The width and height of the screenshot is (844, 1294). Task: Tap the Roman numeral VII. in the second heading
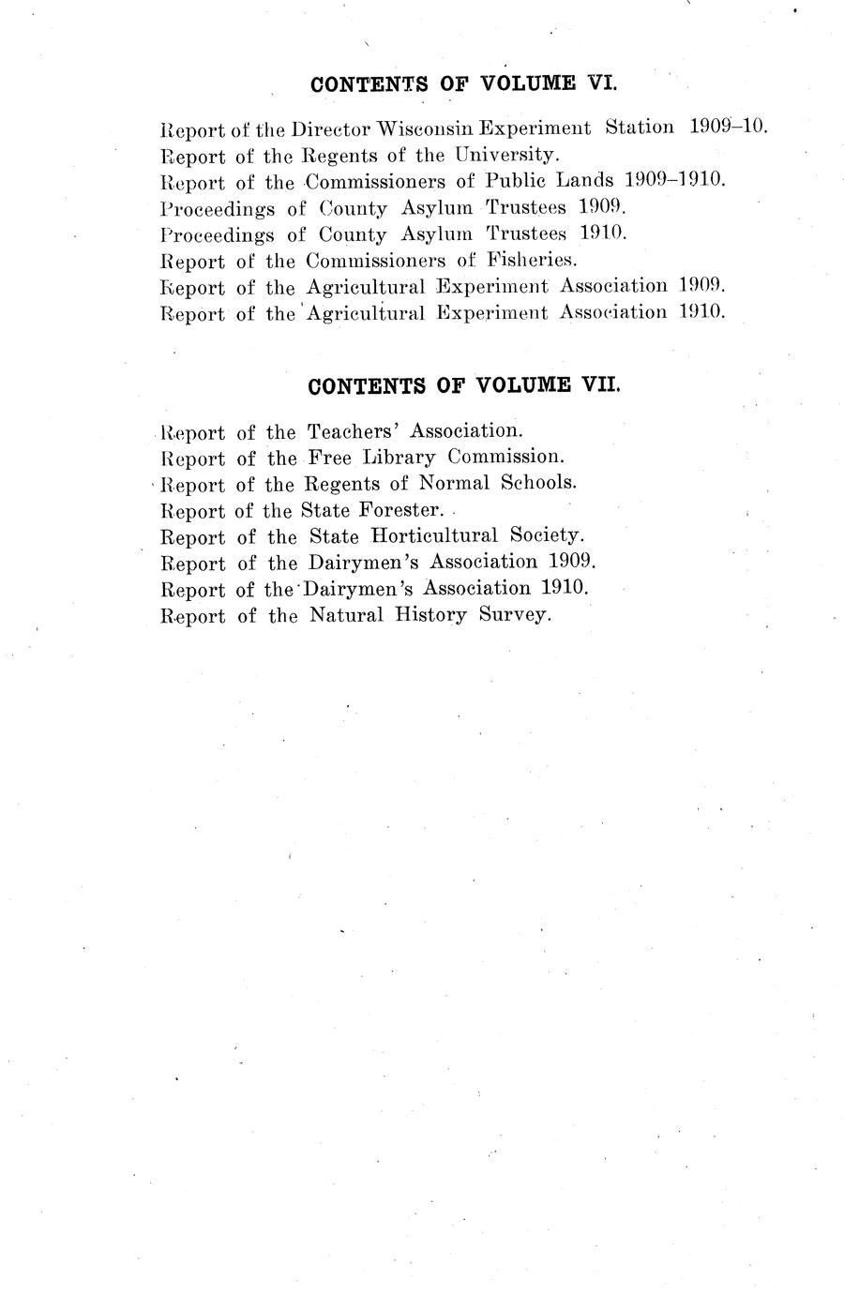point(600,385)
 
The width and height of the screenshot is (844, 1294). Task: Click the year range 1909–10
point(728,126)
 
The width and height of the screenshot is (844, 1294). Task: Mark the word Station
point(639,127)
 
